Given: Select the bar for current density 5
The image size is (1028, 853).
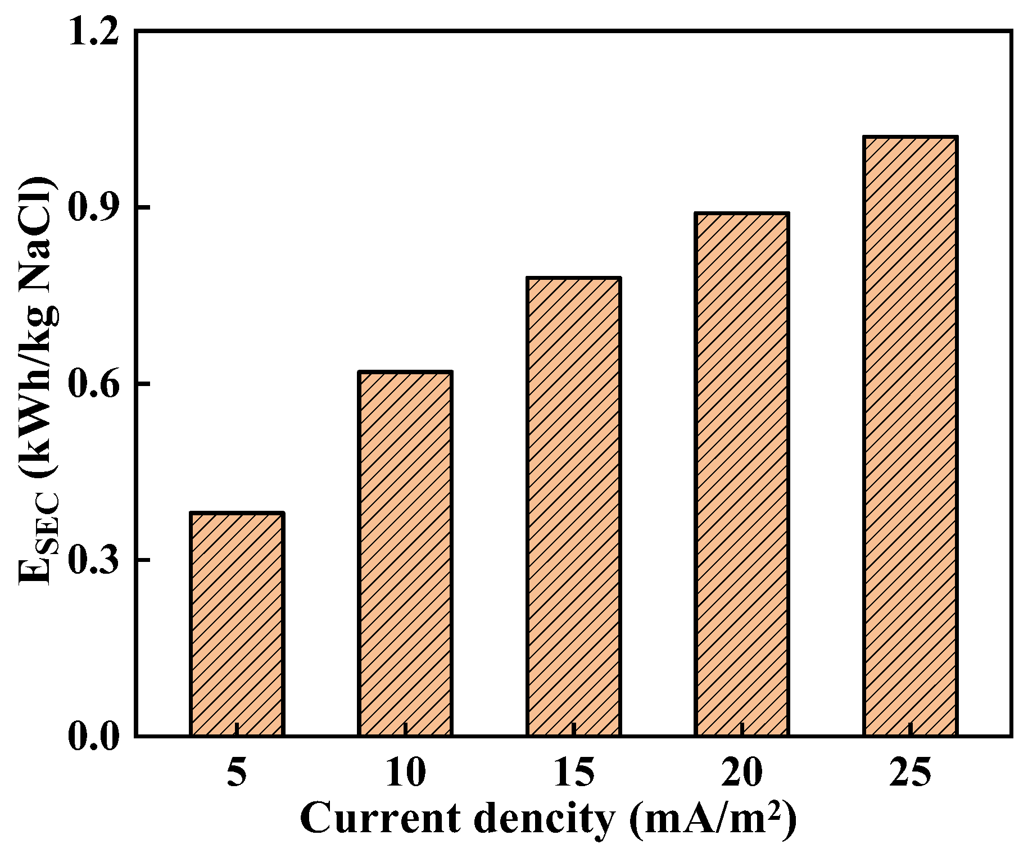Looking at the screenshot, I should (x=237, y=624).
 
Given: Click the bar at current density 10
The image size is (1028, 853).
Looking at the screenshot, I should (x=405, y=553).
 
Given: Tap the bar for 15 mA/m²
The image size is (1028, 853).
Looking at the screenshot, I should (x=573, y=506).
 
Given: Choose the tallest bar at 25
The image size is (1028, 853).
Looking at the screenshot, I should (x=910, y=435).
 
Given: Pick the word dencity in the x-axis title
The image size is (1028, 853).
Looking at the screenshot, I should (x=544, y=819).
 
